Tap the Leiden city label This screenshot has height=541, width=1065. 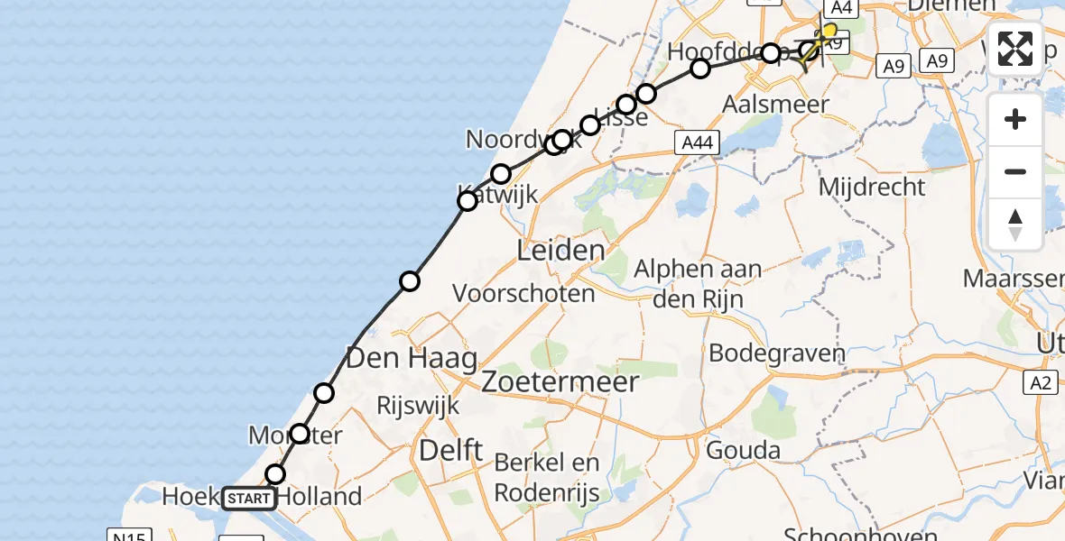(560, 250)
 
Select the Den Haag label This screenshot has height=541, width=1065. (412, 360)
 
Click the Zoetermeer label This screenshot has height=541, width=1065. (560, 381)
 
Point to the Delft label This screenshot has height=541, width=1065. (451, 450)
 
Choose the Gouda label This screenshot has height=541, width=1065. (745, 450)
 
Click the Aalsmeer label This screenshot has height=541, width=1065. (775, 105)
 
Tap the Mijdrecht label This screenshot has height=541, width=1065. (871, 188)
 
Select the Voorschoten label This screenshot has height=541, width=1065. (523, 293)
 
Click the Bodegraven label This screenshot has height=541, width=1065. (776, 353)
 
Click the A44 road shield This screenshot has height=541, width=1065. (696, 142)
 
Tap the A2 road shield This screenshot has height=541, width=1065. (1041, 383)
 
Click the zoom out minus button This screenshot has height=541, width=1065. (1015, 171)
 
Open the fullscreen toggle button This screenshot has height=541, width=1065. (1015, 49)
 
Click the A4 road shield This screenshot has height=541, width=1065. (840, 8)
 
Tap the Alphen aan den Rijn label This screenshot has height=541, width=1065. (698, 283)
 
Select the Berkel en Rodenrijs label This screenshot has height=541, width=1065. (547, 477)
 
